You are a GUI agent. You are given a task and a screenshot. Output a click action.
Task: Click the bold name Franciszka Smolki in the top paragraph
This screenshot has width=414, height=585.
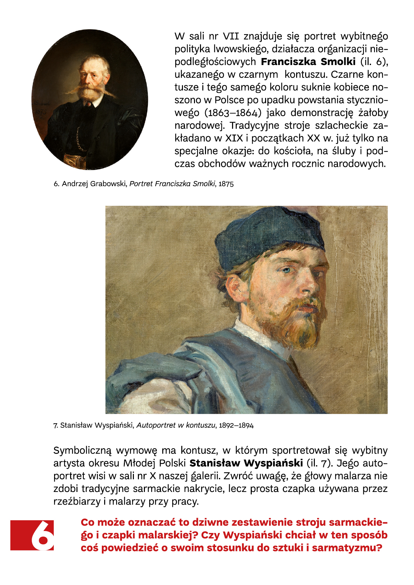click(308, 62)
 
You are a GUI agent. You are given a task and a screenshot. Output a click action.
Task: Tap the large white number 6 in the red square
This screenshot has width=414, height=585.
click(42, 535)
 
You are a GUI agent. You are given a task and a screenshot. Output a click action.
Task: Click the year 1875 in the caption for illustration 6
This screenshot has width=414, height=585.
click(226, 184)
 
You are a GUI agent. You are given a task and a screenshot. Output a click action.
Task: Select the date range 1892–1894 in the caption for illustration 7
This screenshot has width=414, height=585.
click(236, 426)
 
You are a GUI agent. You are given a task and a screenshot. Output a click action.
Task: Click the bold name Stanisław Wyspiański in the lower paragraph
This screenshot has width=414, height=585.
click(246, 463)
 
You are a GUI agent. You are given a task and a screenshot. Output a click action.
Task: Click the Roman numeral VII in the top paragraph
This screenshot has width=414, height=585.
click(231, 36)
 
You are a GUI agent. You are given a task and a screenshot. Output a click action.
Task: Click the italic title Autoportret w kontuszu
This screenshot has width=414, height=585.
click(176, 426)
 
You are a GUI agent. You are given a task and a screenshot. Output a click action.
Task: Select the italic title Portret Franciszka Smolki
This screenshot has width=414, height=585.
click(172, 184)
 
